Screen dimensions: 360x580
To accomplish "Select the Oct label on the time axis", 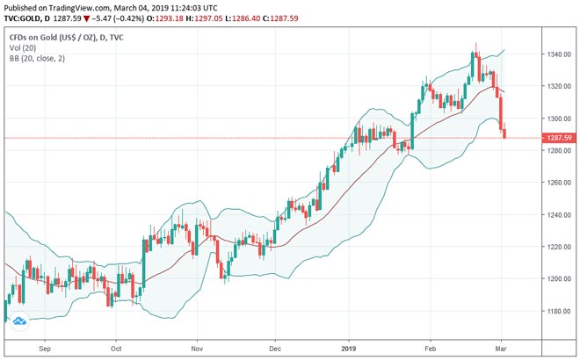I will [116, 347].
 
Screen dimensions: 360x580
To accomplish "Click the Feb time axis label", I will [431, 347].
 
